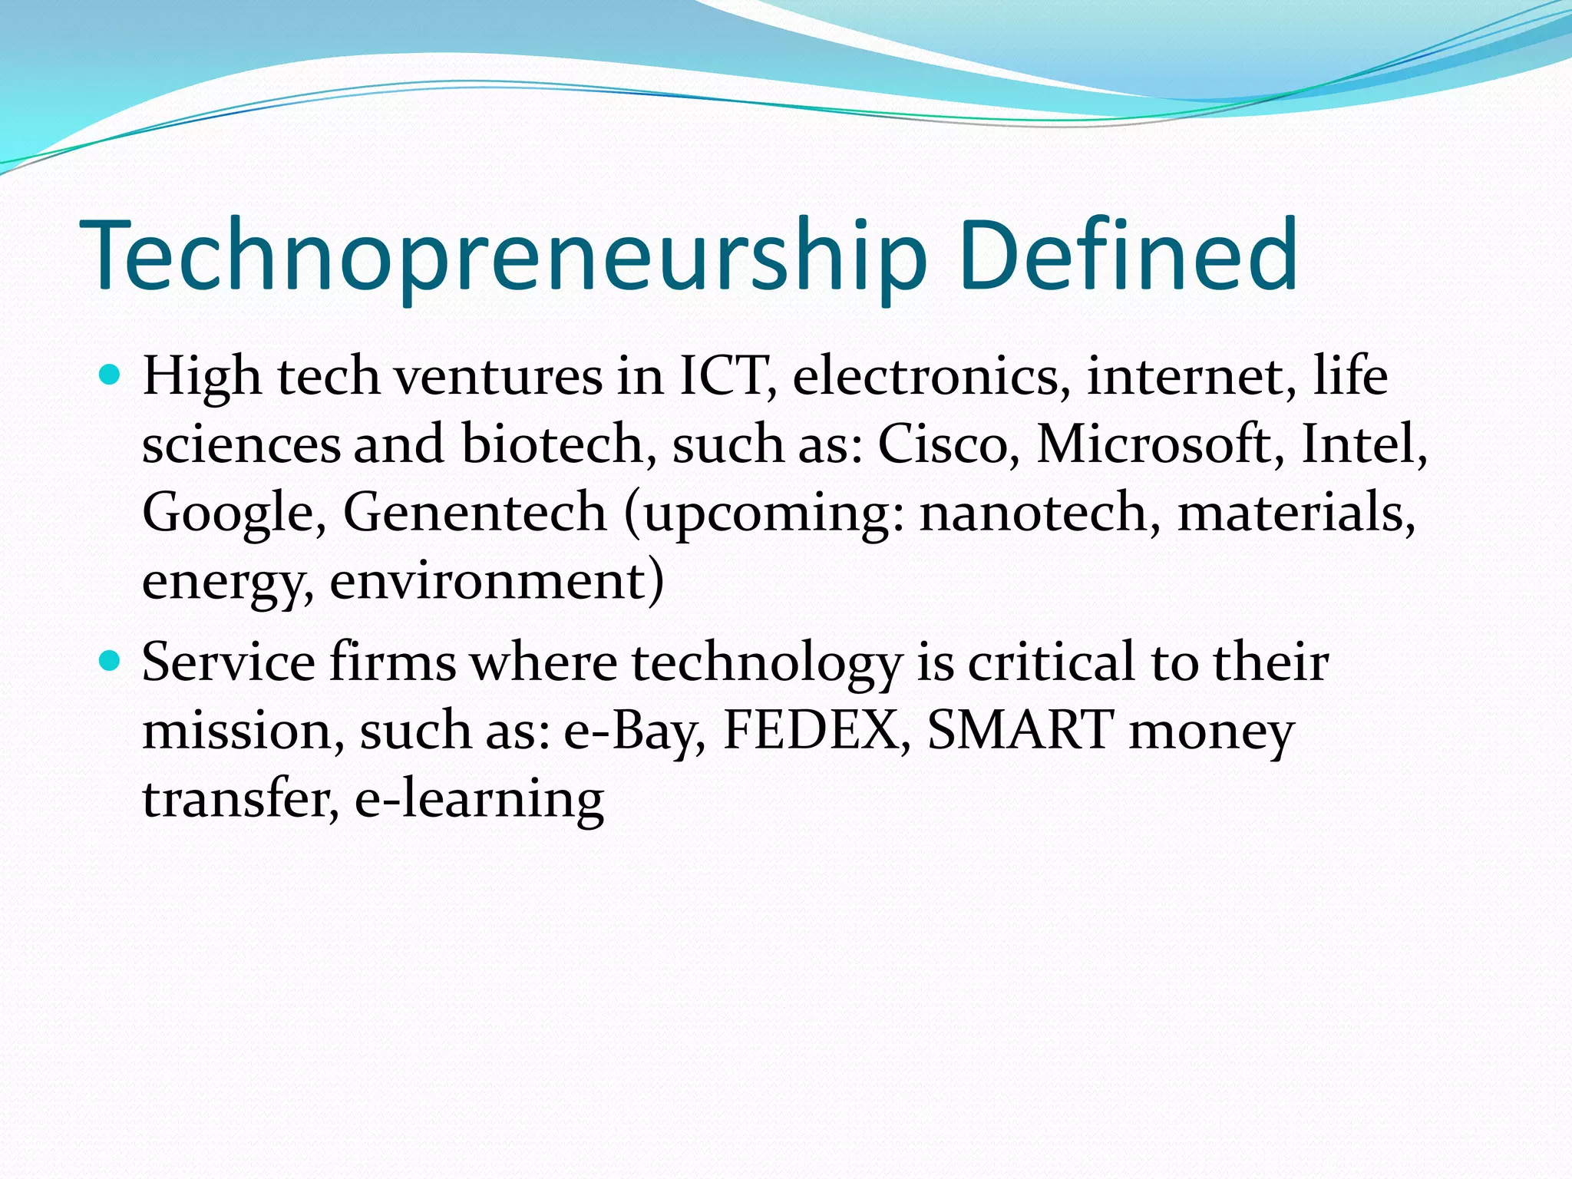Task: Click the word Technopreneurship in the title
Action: (x=503, y=255)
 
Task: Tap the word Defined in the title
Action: (x=1128, y=255)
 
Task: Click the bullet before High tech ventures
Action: (x=111, y=375)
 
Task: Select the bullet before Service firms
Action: (x=111, y=660)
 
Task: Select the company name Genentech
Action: (x=474, y=511)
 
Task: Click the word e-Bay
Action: (x=634, y=729)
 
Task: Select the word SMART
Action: (x=1021, y=729)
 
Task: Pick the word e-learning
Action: (x=479, y=798)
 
